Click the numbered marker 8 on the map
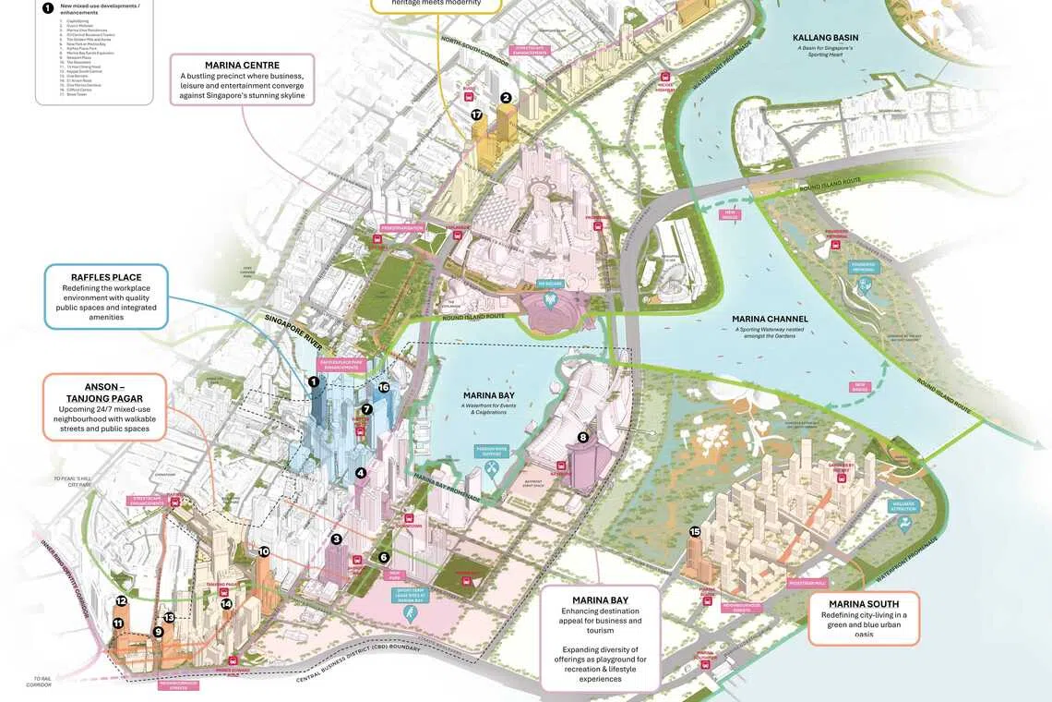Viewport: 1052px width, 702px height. click(x=582, y=437)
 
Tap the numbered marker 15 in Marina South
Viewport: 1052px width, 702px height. click(x=695, y=531)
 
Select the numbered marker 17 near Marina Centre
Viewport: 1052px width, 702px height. click(x=476, y=115)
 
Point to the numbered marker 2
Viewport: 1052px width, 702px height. click(x=506, y=98)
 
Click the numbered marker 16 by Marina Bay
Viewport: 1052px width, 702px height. click(x=384, y=387)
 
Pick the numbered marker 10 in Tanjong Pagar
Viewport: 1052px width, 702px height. click(x=264, y=551)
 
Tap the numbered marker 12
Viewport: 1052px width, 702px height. click(x=121, y=600)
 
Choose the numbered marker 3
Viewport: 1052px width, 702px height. click(x=337, y=539)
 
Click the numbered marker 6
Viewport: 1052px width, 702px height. click(x=384, y=557)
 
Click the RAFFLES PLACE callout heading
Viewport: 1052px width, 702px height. click(x=106, y=277)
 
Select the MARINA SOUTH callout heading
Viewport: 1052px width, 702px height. click(x=864, y=604)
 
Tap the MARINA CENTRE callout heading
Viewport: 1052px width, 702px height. click(x=243, y=64)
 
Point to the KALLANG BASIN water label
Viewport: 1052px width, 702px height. click(x=827, y=38)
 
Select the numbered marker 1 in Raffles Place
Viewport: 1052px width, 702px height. click(x=314, y=381)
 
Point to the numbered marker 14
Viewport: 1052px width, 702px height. click(x=226, y=604)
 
